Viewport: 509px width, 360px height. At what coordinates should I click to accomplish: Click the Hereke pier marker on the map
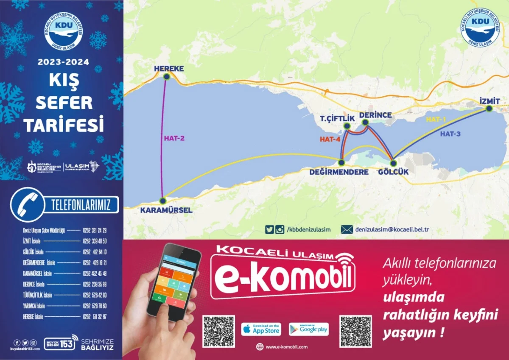[166, 76]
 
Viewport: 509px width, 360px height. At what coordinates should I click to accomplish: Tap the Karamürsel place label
[166, 210]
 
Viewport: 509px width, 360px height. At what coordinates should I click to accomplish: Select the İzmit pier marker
[489, 109]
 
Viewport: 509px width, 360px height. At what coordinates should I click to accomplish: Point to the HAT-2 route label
[174, 138]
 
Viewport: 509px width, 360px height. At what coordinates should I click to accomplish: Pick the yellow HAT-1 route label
[436, 120]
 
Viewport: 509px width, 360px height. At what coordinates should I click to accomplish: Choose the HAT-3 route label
[450, 134]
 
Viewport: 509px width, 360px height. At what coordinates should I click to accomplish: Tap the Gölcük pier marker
[393, 163]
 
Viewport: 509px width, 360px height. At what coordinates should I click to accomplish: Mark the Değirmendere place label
[339, 172]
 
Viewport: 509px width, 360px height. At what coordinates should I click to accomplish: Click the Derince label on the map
[375, 115]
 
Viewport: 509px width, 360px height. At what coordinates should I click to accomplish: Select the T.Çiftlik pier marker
[347, 126]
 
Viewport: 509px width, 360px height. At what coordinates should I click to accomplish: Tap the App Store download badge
[261, 329]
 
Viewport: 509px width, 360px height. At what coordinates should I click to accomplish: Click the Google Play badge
[309, 329]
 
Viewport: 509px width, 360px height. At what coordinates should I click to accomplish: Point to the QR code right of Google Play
[355, 331]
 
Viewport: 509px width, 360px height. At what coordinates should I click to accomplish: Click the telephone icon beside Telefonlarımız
[27, 204]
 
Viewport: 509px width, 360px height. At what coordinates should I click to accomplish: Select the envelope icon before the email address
[347, 229]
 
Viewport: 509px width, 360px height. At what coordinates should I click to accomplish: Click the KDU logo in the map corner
[481, 27]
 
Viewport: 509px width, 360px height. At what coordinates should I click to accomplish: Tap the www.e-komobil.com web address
[286, 347]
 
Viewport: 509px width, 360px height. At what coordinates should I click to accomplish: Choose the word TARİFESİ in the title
[64, 125]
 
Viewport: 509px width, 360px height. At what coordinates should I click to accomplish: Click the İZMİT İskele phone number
[95, 241]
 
